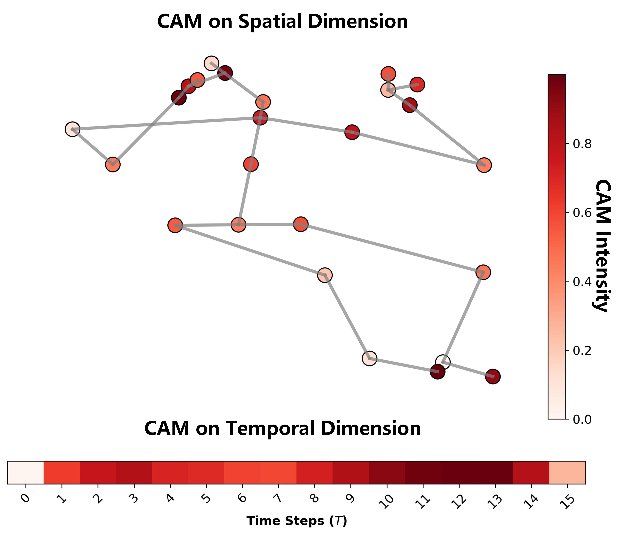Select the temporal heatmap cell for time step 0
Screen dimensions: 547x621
point(26,472)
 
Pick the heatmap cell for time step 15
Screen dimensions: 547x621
point(567,472)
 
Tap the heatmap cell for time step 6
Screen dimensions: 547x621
point(242,472)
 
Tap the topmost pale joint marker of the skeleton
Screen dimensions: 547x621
point(211,63)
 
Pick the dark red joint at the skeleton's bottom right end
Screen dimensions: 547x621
point(493,377)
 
